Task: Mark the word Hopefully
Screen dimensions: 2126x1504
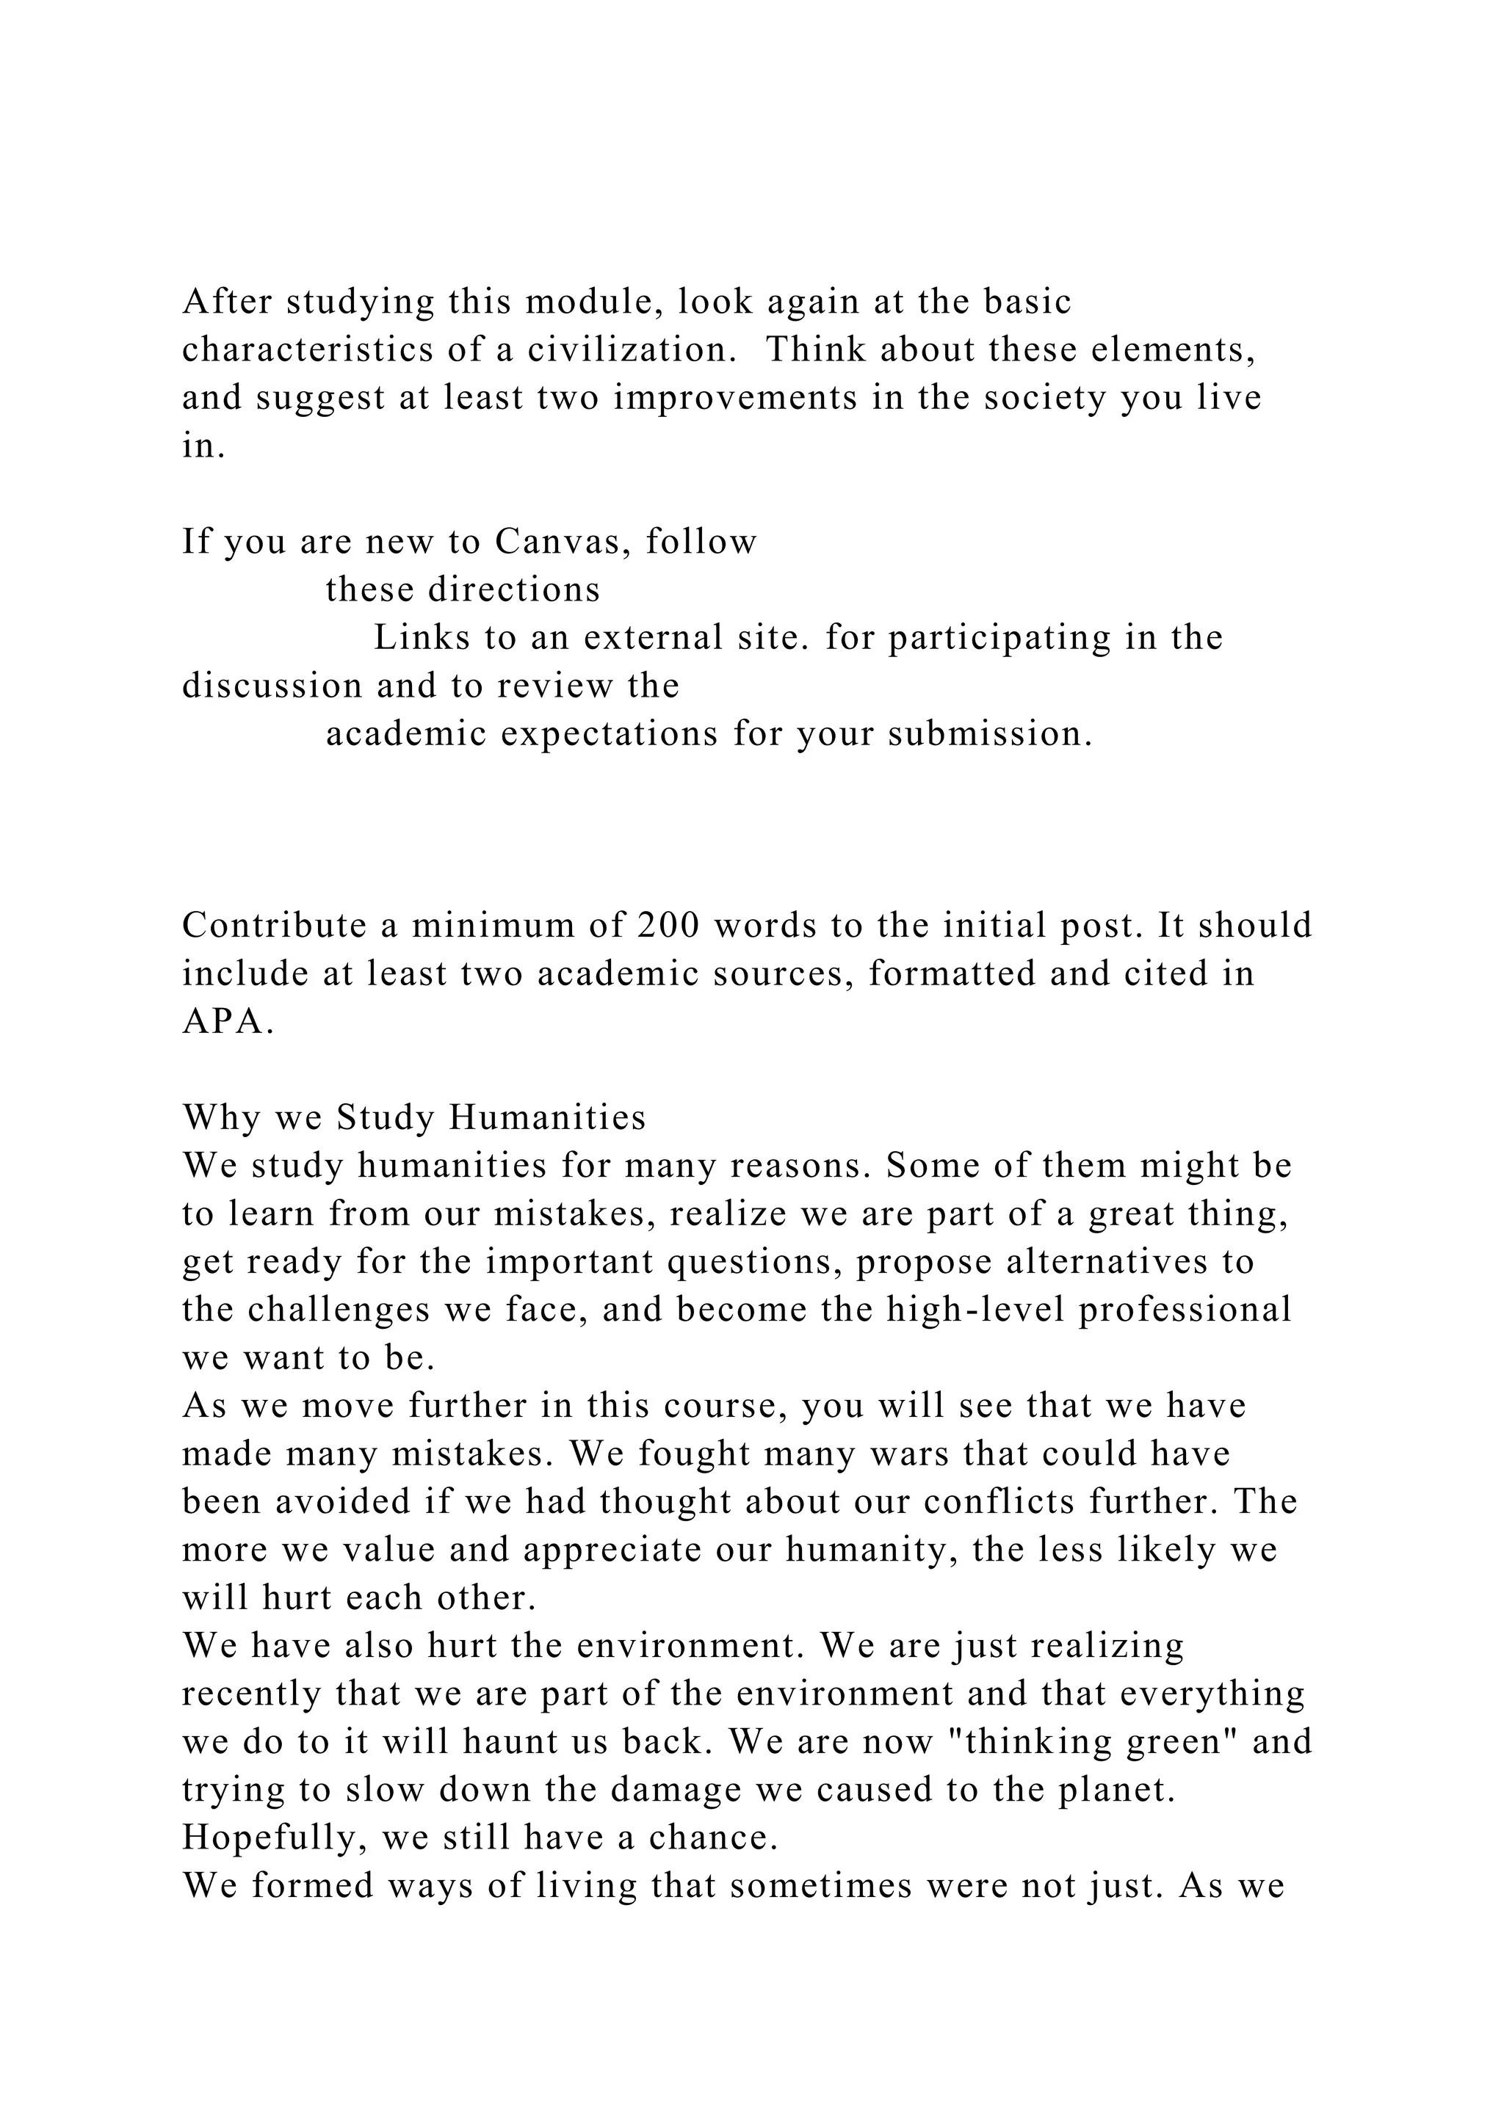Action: (273, 1838)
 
